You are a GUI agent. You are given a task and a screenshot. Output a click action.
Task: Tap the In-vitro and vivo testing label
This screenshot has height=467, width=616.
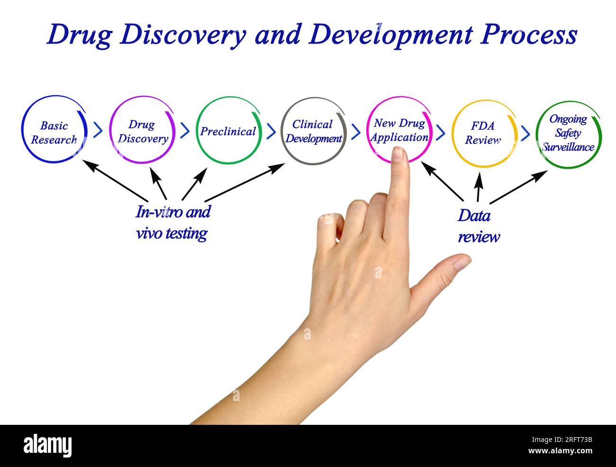pos(172,223)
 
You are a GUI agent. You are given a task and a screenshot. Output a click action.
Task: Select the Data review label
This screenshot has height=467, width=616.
pos(479,226)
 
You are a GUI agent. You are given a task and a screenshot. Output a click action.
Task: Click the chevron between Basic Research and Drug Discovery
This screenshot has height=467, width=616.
pos(98,130)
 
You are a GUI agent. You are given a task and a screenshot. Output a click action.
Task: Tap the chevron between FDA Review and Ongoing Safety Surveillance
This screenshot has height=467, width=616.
pos(525,133)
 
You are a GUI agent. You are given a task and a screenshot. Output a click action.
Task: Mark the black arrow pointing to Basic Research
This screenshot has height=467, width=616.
pos(115,180)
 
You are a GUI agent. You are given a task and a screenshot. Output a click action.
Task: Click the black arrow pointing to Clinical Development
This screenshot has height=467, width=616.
pos(245,182)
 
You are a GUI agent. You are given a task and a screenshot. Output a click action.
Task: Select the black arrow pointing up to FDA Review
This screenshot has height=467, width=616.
pos(479,187)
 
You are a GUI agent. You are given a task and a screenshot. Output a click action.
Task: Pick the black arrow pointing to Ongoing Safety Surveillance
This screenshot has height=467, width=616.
pos(518,187)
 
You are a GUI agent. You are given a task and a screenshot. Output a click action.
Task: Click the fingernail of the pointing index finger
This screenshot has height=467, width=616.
pos(397,154)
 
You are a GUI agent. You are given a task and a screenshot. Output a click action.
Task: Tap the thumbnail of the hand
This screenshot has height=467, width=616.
pos(462,263)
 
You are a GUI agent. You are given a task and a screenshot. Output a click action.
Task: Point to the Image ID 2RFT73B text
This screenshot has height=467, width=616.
pos(562,440)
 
